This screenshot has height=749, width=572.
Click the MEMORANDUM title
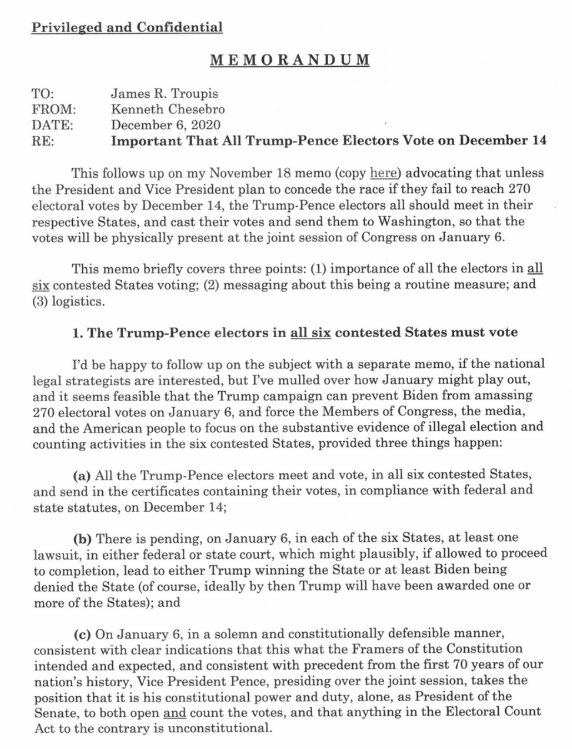(x=289, y=60)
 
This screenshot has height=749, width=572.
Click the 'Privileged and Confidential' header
(x=127, y=27)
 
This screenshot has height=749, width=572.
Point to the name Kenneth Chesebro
(x=168, y=109)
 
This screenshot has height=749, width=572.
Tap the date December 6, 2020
(x=165, y=124)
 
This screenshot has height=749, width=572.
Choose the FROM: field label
(x=53, y=109)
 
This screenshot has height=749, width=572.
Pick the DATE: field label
(x=53, y=124)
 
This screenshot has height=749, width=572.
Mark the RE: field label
(x=43, y=141)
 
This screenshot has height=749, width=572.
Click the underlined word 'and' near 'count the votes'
(x=174, y=712)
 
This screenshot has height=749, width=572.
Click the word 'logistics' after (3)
(x=78, y=301)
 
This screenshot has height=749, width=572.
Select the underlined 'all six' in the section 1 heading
(x=310, y=332)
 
